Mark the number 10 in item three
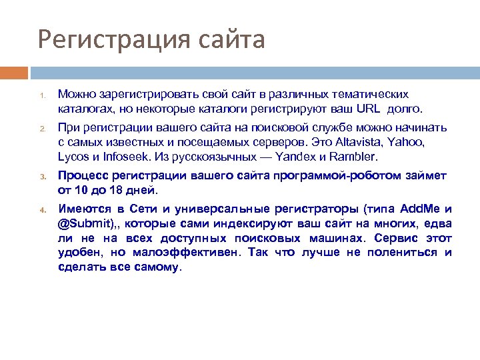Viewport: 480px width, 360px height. pyautogui.click(x=80, y=190)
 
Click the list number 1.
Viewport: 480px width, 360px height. pyautogui.click(x=40, y=95)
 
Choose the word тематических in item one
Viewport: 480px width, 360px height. pyautogui.click(x=372, y=94)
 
